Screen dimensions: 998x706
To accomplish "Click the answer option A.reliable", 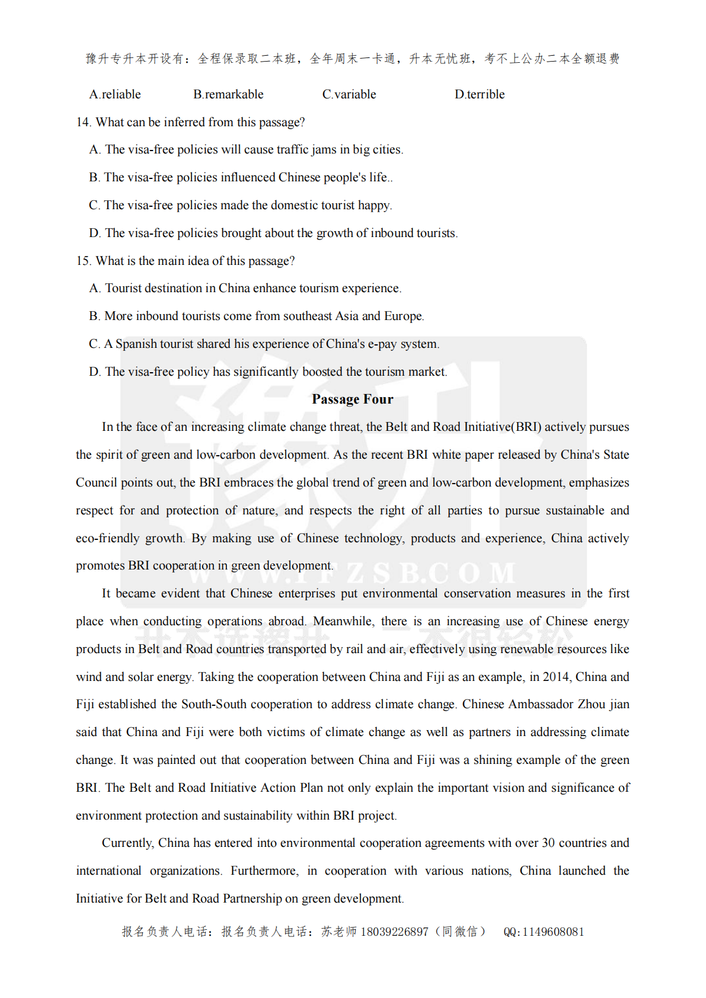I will (115, 94).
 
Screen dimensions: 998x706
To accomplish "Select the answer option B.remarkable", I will (228, 94).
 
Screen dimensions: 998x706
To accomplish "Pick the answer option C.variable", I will (349, 94).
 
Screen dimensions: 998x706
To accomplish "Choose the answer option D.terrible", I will (480, 94).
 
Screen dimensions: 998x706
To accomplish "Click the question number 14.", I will (83, 122).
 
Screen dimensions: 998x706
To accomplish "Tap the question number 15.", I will (83, 261).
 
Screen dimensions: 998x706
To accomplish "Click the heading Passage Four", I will (352, 399).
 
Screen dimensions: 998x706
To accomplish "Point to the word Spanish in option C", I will (135, 344).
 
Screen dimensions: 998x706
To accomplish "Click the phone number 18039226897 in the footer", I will (394, 932).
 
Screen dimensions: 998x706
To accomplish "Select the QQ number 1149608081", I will (553, 932).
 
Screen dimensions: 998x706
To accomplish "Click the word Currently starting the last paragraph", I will (128, 843).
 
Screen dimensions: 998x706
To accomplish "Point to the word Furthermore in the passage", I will (264, 871).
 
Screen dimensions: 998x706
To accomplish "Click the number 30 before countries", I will (548, 843).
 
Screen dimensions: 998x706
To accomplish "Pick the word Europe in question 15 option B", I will (403, 316).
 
